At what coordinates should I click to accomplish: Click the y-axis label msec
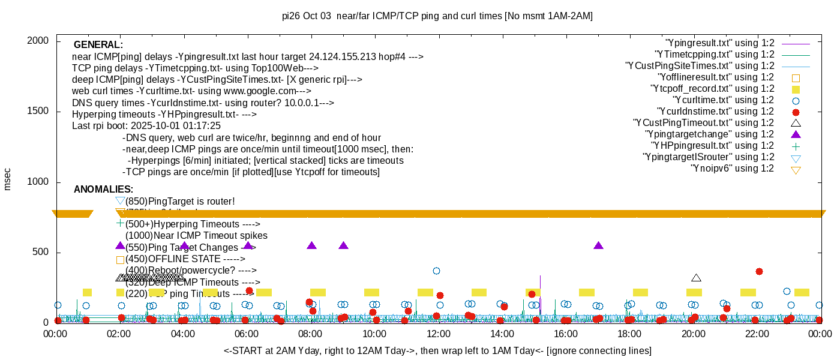(8, 179)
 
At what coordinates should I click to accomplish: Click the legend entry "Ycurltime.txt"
(723, 100)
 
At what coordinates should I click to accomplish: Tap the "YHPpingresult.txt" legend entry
(713, 146)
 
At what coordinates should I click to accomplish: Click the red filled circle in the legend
(796, 112)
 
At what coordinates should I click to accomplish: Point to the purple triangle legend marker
(796, 134)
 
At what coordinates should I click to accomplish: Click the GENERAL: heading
(98, 45)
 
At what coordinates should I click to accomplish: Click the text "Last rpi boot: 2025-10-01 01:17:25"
(146, 126)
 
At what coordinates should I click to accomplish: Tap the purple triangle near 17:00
(598, 245)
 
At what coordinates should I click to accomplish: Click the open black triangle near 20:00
(696, 278)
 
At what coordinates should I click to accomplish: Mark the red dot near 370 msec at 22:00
(759, 271)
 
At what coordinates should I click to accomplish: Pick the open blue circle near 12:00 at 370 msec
(437, 271)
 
